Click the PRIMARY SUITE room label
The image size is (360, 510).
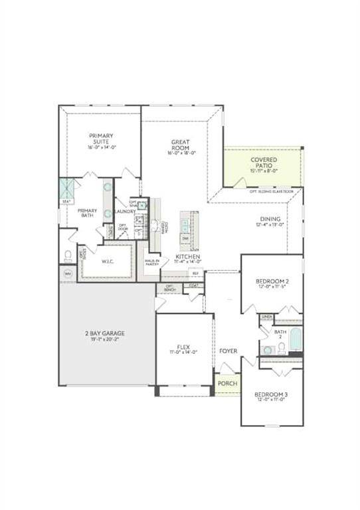pos(102,139)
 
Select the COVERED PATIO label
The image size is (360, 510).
pos(264,161)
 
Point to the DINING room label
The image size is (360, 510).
pos(270,219)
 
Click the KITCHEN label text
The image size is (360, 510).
pos(188,256)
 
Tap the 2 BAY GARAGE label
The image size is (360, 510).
pos(104,333)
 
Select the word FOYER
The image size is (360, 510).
pos(228,351)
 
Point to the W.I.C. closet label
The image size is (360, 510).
pos(108,261)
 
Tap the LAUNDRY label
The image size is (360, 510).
pos(124,212)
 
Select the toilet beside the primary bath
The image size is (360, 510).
pos(68,255)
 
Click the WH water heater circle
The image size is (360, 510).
pos(68,274)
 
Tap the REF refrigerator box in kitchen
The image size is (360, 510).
pos(195,273)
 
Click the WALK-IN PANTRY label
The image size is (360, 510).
pos(152,262)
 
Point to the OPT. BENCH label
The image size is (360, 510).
pos(169,289)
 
